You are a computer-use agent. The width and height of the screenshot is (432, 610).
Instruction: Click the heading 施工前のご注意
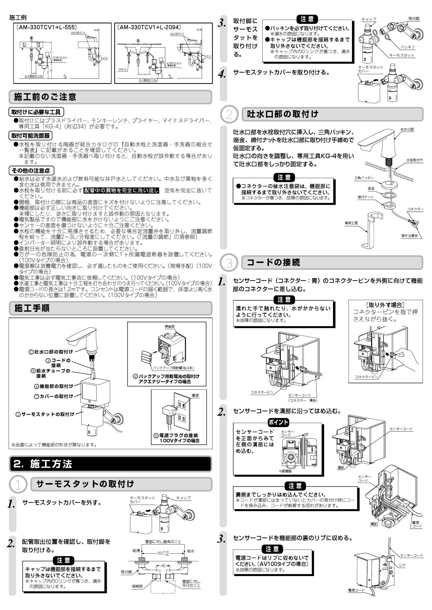click(45, 97)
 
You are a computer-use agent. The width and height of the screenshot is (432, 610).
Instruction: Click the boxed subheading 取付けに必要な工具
click(36, 112)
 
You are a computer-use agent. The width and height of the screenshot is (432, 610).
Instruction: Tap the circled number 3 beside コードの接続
click(229, 263)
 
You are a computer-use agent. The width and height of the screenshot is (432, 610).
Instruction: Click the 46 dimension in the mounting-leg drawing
click(163, 566)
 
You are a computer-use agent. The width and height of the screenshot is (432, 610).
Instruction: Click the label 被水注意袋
click(409, 235)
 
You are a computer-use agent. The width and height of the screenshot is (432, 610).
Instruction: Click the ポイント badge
click(278, 422)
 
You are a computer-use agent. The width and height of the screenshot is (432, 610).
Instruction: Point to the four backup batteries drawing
click(146, 357)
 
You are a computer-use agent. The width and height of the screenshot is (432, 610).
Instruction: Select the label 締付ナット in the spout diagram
click(366, 197)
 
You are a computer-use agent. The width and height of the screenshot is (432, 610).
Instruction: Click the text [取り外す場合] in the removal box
click(385, 305)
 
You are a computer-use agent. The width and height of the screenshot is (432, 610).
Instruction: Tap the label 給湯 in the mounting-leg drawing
click(136, 551)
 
